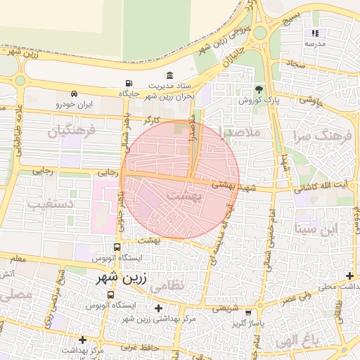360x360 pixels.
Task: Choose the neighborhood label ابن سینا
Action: [x=318, y=229]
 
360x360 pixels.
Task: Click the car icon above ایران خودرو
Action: [x=73, y=94]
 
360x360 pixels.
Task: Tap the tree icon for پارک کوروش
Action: [x=259, y=89]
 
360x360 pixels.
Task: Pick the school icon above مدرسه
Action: [x=315, y=33]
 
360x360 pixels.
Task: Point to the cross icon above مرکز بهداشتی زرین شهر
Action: [x=158, y=308]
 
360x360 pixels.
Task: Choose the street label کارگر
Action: [x=150, y=121]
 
